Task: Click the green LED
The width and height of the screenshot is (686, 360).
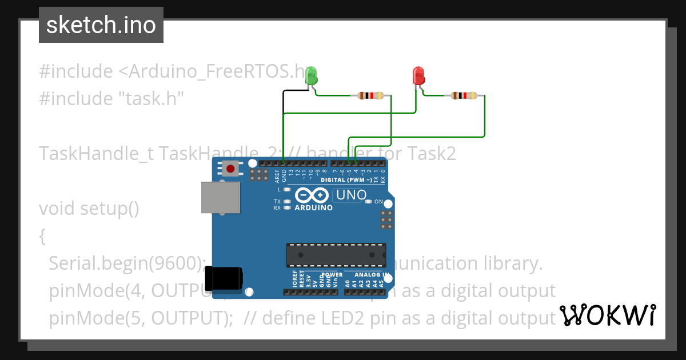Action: [x=312, y=75]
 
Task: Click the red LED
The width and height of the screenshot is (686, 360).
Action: [x=418, y=75]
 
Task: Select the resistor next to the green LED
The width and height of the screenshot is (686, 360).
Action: [x=370, y=95]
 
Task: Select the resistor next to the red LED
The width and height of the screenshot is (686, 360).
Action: [x=464, y=95]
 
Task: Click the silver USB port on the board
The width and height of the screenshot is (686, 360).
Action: [x=221, y=197]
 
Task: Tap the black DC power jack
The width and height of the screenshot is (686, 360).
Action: [x=224, y=278]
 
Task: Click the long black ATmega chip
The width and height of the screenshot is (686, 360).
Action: [x=336, y=255]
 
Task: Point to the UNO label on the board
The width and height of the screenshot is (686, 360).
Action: [x=351, y=195]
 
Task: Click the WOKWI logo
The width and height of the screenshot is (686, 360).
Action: [x=607, y=315]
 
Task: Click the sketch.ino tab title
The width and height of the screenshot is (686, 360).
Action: [x=101, y=25]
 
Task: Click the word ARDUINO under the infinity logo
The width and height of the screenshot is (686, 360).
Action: [x=313, y=208]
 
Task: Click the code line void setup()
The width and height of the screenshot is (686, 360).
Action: [x=89, y=209]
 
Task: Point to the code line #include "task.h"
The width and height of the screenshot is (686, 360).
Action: [x=111, y=99]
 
